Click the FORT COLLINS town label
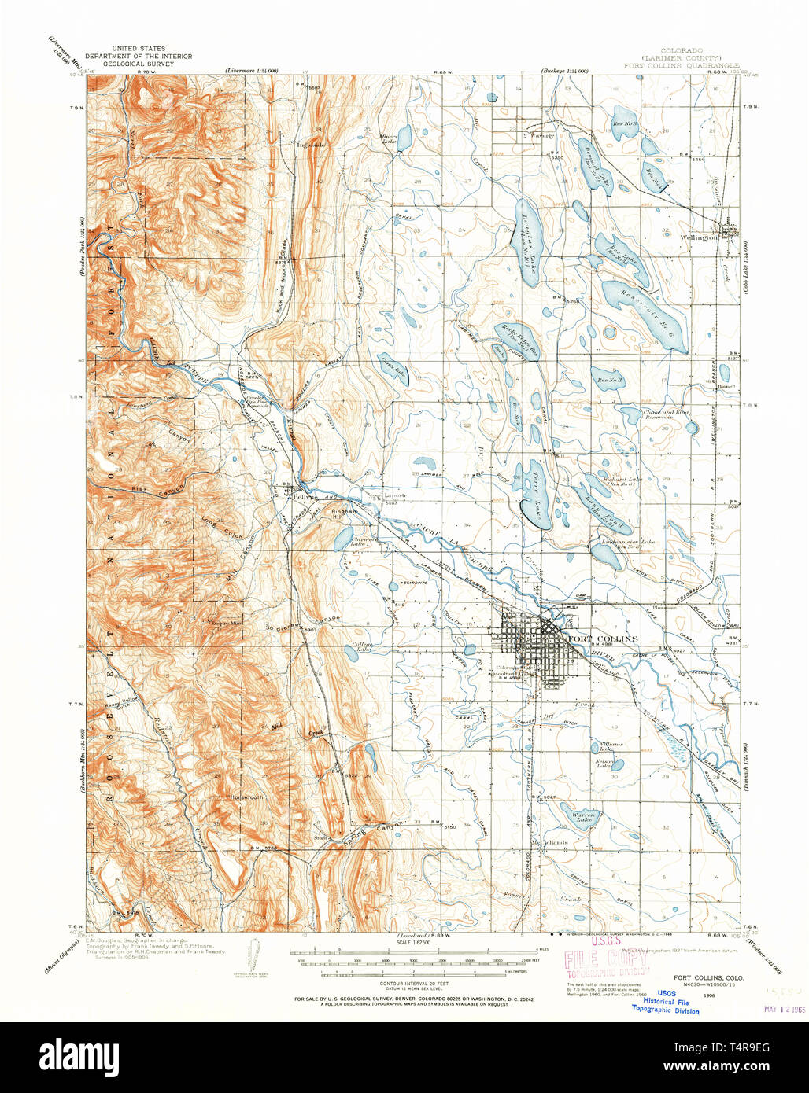tap(602, 639)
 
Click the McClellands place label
tap(549, 842)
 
